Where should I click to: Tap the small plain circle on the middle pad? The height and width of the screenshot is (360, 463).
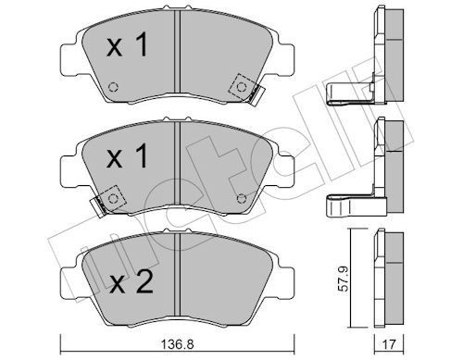tap(243, 196)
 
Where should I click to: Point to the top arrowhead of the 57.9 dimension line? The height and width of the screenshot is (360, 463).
tap(349, 230)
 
